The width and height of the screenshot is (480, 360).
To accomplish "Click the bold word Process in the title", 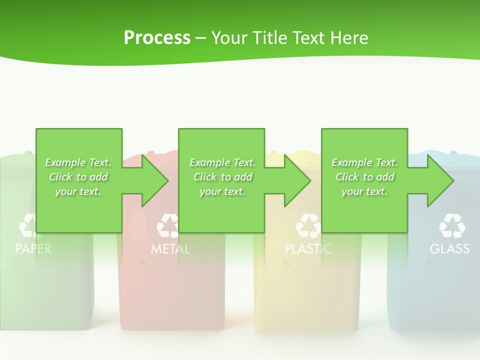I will click(x=157, y=38).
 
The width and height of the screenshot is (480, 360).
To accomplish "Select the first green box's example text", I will click(x=78, y=177).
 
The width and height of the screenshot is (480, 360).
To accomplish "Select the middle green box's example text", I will click(x=222, y=177).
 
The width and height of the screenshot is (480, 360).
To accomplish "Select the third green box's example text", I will click(x=364, y=177).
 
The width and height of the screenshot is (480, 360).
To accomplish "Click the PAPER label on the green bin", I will click(x=33, y=248).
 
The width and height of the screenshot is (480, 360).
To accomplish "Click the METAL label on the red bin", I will click(x=170, y=248).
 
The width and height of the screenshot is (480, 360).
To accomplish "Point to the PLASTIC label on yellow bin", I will click(x=308, y=248).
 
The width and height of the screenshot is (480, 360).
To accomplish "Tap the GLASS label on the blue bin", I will click(x=449, y=248).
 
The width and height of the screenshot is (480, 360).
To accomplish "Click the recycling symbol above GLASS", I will click(x=452, y=225).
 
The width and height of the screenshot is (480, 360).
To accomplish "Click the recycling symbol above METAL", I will click(x=168, y=226).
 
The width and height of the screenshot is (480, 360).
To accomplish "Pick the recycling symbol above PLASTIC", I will click(x=308, y=226).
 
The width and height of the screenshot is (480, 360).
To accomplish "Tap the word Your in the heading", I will click(x=229, y=38).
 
